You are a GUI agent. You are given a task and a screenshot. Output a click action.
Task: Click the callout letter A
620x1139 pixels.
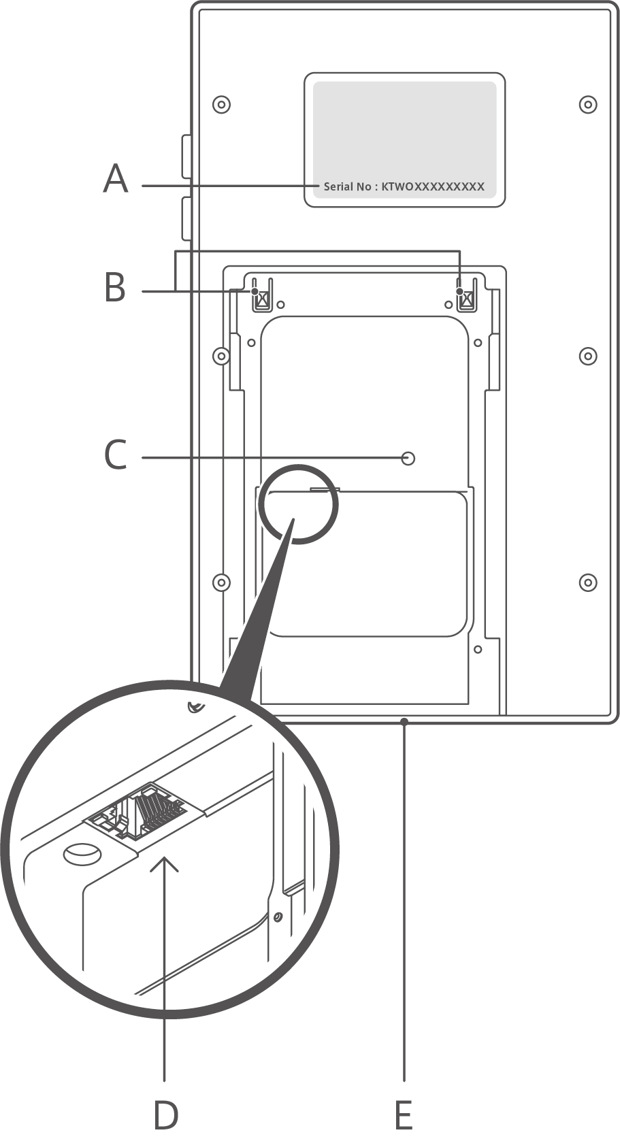(x=116, y=179)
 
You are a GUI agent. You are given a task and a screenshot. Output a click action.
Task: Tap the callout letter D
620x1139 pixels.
(x=165, y=1115)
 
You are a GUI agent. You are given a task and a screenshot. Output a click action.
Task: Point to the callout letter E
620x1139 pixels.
(x=404, y=1115)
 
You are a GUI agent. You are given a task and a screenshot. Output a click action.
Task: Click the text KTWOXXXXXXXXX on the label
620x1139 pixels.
(x=433, y=186)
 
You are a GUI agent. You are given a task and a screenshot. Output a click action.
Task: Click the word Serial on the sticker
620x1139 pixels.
(x=338, y=186)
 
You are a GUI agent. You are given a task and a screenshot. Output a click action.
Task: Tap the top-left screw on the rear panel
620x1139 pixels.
(x=221, y=104)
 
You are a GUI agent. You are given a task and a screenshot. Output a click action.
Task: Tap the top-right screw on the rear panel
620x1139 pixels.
(x=588, y=104)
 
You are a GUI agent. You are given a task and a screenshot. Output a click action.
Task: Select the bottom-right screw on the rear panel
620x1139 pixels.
(x=588, y=582)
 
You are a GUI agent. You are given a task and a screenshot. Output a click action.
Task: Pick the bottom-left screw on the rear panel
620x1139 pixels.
(x=221, y=582)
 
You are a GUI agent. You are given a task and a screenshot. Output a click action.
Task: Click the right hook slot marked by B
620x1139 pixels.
(x=466, y=295)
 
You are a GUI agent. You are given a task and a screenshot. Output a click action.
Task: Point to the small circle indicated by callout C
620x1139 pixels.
(x=408, y=458)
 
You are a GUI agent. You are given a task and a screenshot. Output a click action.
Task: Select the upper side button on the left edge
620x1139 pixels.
(x=186, y=157)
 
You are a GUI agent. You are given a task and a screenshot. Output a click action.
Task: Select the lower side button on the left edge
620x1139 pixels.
(x=186, y=218)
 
